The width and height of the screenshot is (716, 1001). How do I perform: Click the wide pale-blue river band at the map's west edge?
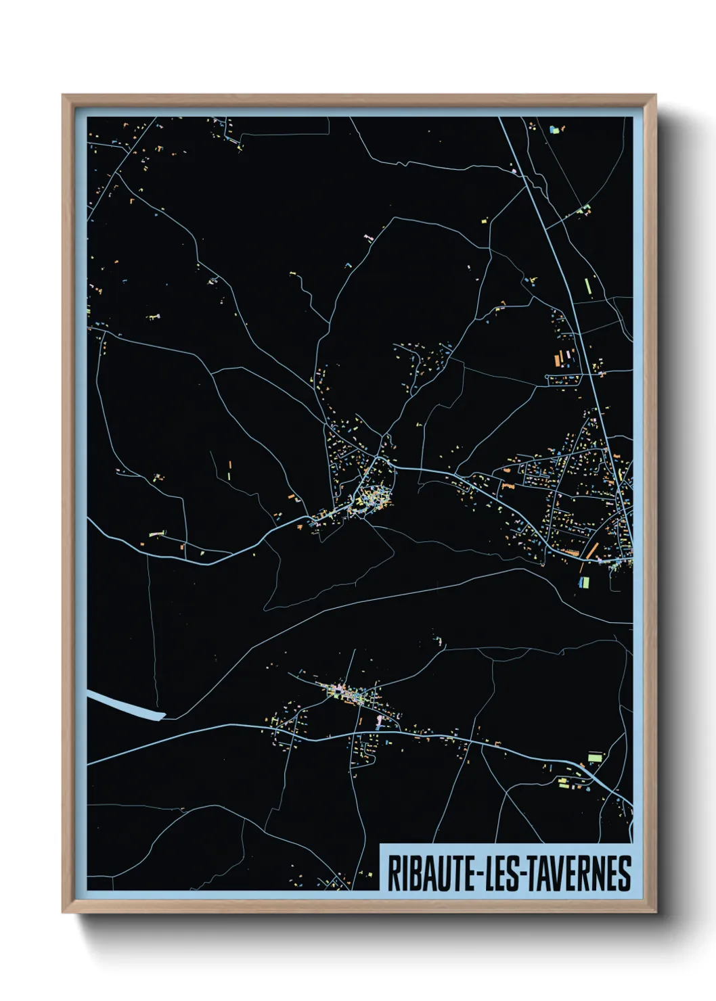tap(126, 705)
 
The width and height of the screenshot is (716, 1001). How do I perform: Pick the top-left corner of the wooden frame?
tap(64, 96)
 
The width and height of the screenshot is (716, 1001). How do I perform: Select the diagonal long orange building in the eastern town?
tap(593, 548)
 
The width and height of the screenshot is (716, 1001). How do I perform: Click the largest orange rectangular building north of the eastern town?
tap(559, 358)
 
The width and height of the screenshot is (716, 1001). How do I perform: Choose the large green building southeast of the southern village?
tap(594, 757)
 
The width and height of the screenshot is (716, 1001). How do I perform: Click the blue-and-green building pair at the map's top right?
tap(555, 128)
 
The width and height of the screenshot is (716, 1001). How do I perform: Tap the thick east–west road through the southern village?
tap(406, 737)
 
